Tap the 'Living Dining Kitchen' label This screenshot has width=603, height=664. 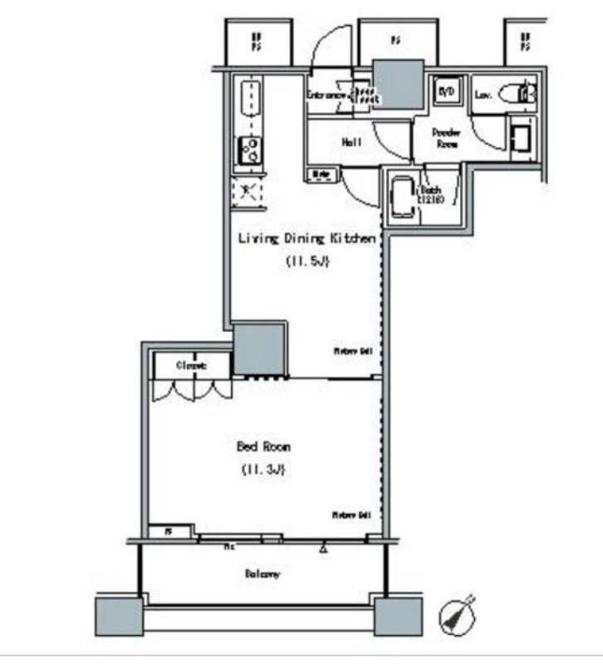307,239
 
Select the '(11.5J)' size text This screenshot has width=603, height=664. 308,262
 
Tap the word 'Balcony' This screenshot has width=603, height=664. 262,574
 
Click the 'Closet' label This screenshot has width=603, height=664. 190,365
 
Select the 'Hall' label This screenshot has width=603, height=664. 351,143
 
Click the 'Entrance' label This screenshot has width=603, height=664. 326,95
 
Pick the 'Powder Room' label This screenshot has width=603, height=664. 446,137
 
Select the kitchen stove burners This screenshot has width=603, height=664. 249,150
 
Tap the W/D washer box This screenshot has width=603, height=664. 446,92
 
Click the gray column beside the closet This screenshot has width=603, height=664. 259,349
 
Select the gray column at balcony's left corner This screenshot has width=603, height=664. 120,617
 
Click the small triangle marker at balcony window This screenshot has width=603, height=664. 322,548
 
